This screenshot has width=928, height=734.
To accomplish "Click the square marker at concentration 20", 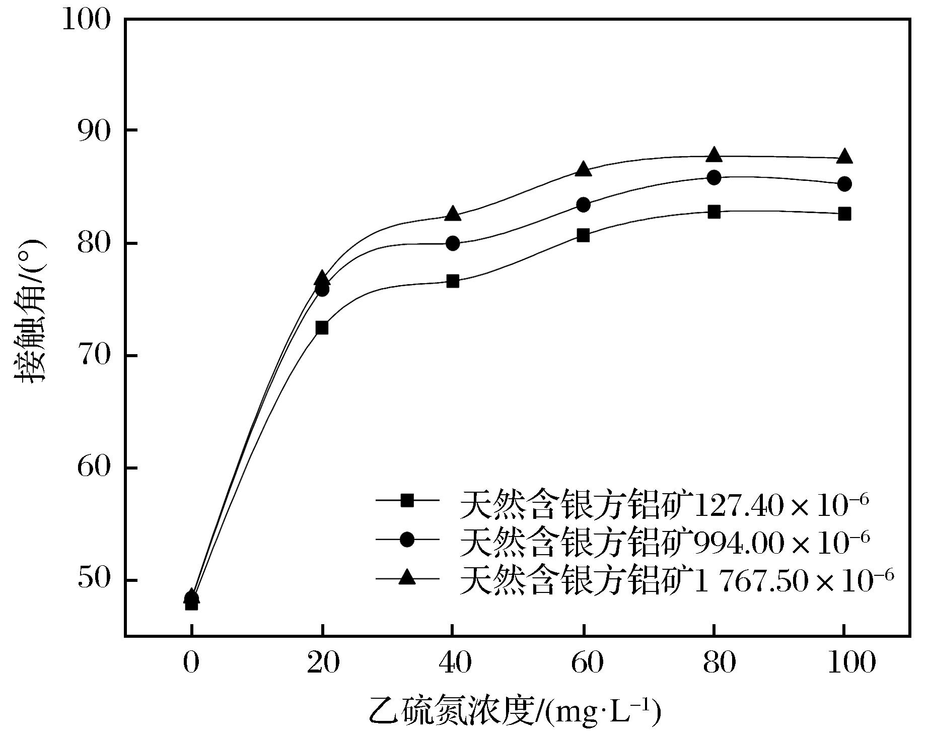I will [x=322, y=328].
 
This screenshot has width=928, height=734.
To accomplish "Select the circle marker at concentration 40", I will [x=453, y=243].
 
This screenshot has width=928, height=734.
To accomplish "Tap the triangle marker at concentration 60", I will [x=584, y=169].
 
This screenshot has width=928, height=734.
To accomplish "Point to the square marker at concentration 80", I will [x=714, y=212].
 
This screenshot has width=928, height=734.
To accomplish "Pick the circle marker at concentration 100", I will [x=844, y=184].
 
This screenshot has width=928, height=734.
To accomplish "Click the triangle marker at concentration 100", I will [x=844, y=157].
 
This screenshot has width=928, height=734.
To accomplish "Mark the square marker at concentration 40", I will [x=453, y=281].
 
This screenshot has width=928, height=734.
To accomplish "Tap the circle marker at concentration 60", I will [x=584, y=205].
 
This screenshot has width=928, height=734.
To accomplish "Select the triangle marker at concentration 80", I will [x=714, y=155].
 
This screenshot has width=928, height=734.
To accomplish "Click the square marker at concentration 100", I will [x=844, y=214].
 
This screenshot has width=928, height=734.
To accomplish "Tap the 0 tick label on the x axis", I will [x=191, y=663].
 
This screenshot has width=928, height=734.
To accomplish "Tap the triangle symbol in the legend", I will [x=407, y=577].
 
